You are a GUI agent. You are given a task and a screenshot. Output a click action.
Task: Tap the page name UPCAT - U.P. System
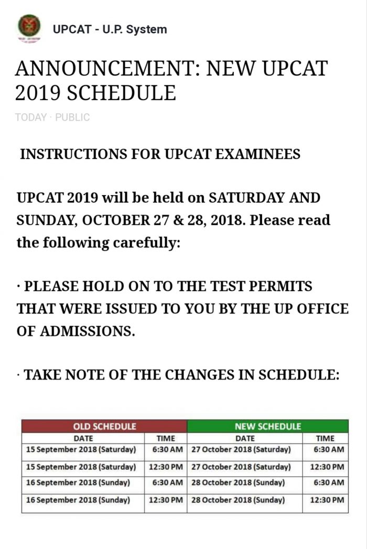click(110, 29)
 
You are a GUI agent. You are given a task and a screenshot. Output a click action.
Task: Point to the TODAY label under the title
click(31, 117)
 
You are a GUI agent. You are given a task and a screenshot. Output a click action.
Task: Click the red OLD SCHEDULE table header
click(104, 426)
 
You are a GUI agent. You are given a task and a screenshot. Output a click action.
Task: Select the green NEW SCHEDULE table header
click(267, 426)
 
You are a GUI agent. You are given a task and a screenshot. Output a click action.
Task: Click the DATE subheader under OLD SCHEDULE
click(83, 438)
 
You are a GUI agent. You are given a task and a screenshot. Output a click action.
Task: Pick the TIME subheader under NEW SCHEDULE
click(325, 438)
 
